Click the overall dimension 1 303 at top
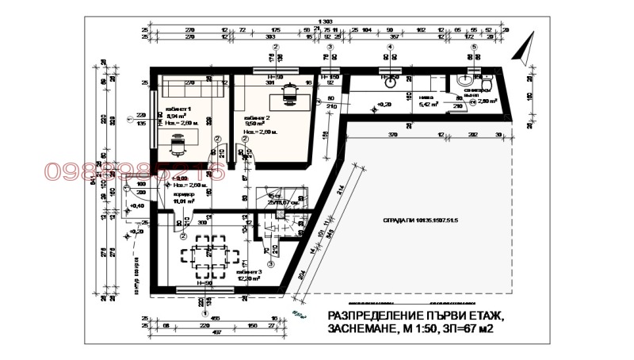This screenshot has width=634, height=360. [x=324, y=21]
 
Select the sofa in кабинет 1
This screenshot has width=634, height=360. [x=190, y=82]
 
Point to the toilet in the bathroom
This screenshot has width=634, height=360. [x=488, y=82]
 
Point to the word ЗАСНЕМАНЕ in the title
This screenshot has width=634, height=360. [x=362, y=328]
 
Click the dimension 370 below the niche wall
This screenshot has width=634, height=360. [x=393, y=136]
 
